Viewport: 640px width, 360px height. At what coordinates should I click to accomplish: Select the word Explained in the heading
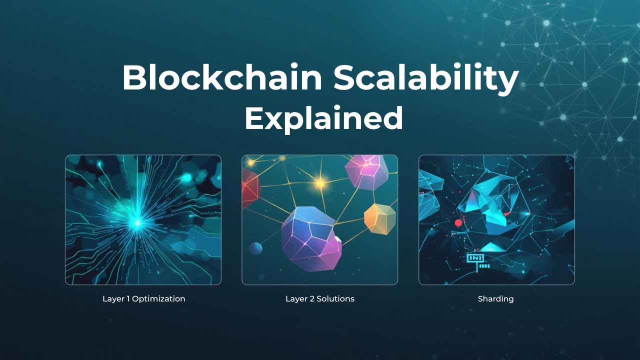tap(323, 118)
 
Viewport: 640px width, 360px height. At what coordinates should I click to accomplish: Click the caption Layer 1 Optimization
tap(143, 299)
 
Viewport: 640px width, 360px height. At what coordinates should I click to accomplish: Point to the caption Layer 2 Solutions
tap(320, 299)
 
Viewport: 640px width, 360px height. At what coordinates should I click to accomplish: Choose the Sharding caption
tap(495, 299)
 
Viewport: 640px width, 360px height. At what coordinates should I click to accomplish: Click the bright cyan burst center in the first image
tap(136, 221)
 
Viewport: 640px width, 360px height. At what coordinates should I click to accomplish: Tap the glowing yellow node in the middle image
tap(320, 183)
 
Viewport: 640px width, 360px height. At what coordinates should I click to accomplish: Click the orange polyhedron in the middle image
tap(379, 218)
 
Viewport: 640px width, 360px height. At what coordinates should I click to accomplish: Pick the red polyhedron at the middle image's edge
tap(249, 187)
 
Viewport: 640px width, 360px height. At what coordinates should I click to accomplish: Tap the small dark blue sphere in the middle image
tap(255, 248)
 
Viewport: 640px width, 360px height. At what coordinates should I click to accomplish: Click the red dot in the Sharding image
tap(457, 222)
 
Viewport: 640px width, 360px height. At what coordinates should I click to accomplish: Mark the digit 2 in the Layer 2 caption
tap(311, 299)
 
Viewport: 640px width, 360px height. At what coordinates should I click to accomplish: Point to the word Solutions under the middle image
tap(335, 299)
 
